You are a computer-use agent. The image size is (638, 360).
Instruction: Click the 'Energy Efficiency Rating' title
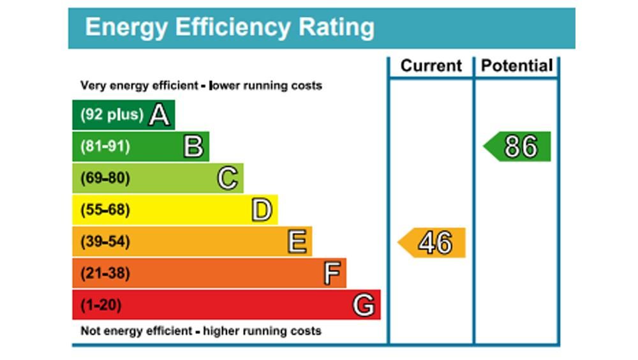click(230, 27)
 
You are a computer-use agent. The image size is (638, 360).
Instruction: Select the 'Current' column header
click(431, 66)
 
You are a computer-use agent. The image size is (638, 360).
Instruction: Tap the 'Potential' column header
click(517, 66)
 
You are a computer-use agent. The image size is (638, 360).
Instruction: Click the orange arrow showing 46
click(433, 243)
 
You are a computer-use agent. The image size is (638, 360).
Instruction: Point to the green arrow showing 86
click(518, 147)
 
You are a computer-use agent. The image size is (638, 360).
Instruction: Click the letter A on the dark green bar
click(159, 116)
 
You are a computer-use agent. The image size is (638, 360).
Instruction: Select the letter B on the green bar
click(193, 147)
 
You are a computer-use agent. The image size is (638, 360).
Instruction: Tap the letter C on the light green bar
click(228, 179)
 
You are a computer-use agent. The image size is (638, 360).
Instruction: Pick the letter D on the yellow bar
click(262, 210)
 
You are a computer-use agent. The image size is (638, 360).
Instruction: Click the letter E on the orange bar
click(297, 242)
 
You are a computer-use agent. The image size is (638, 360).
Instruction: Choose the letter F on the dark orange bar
click(331, 274)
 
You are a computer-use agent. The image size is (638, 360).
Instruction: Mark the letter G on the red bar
click(364, 305)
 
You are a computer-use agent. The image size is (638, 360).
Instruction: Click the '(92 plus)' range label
click(112, 115)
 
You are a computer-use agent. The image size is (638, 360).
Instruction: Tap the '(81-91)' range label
click(105, 147)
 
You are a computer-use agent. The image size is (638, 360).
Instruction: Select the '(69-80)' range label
click(105, 179)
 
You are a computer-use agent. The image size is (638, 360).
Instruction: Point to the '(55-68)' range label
click(105, 210)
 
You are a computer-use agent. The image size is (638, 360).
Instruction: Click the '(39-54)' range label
click(105, 242)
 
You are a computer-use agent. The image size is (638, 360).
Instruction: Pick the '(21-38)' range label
click(105, 274)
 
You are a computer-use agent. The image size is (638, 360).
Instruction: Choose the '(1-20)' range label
click(100, 305)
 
